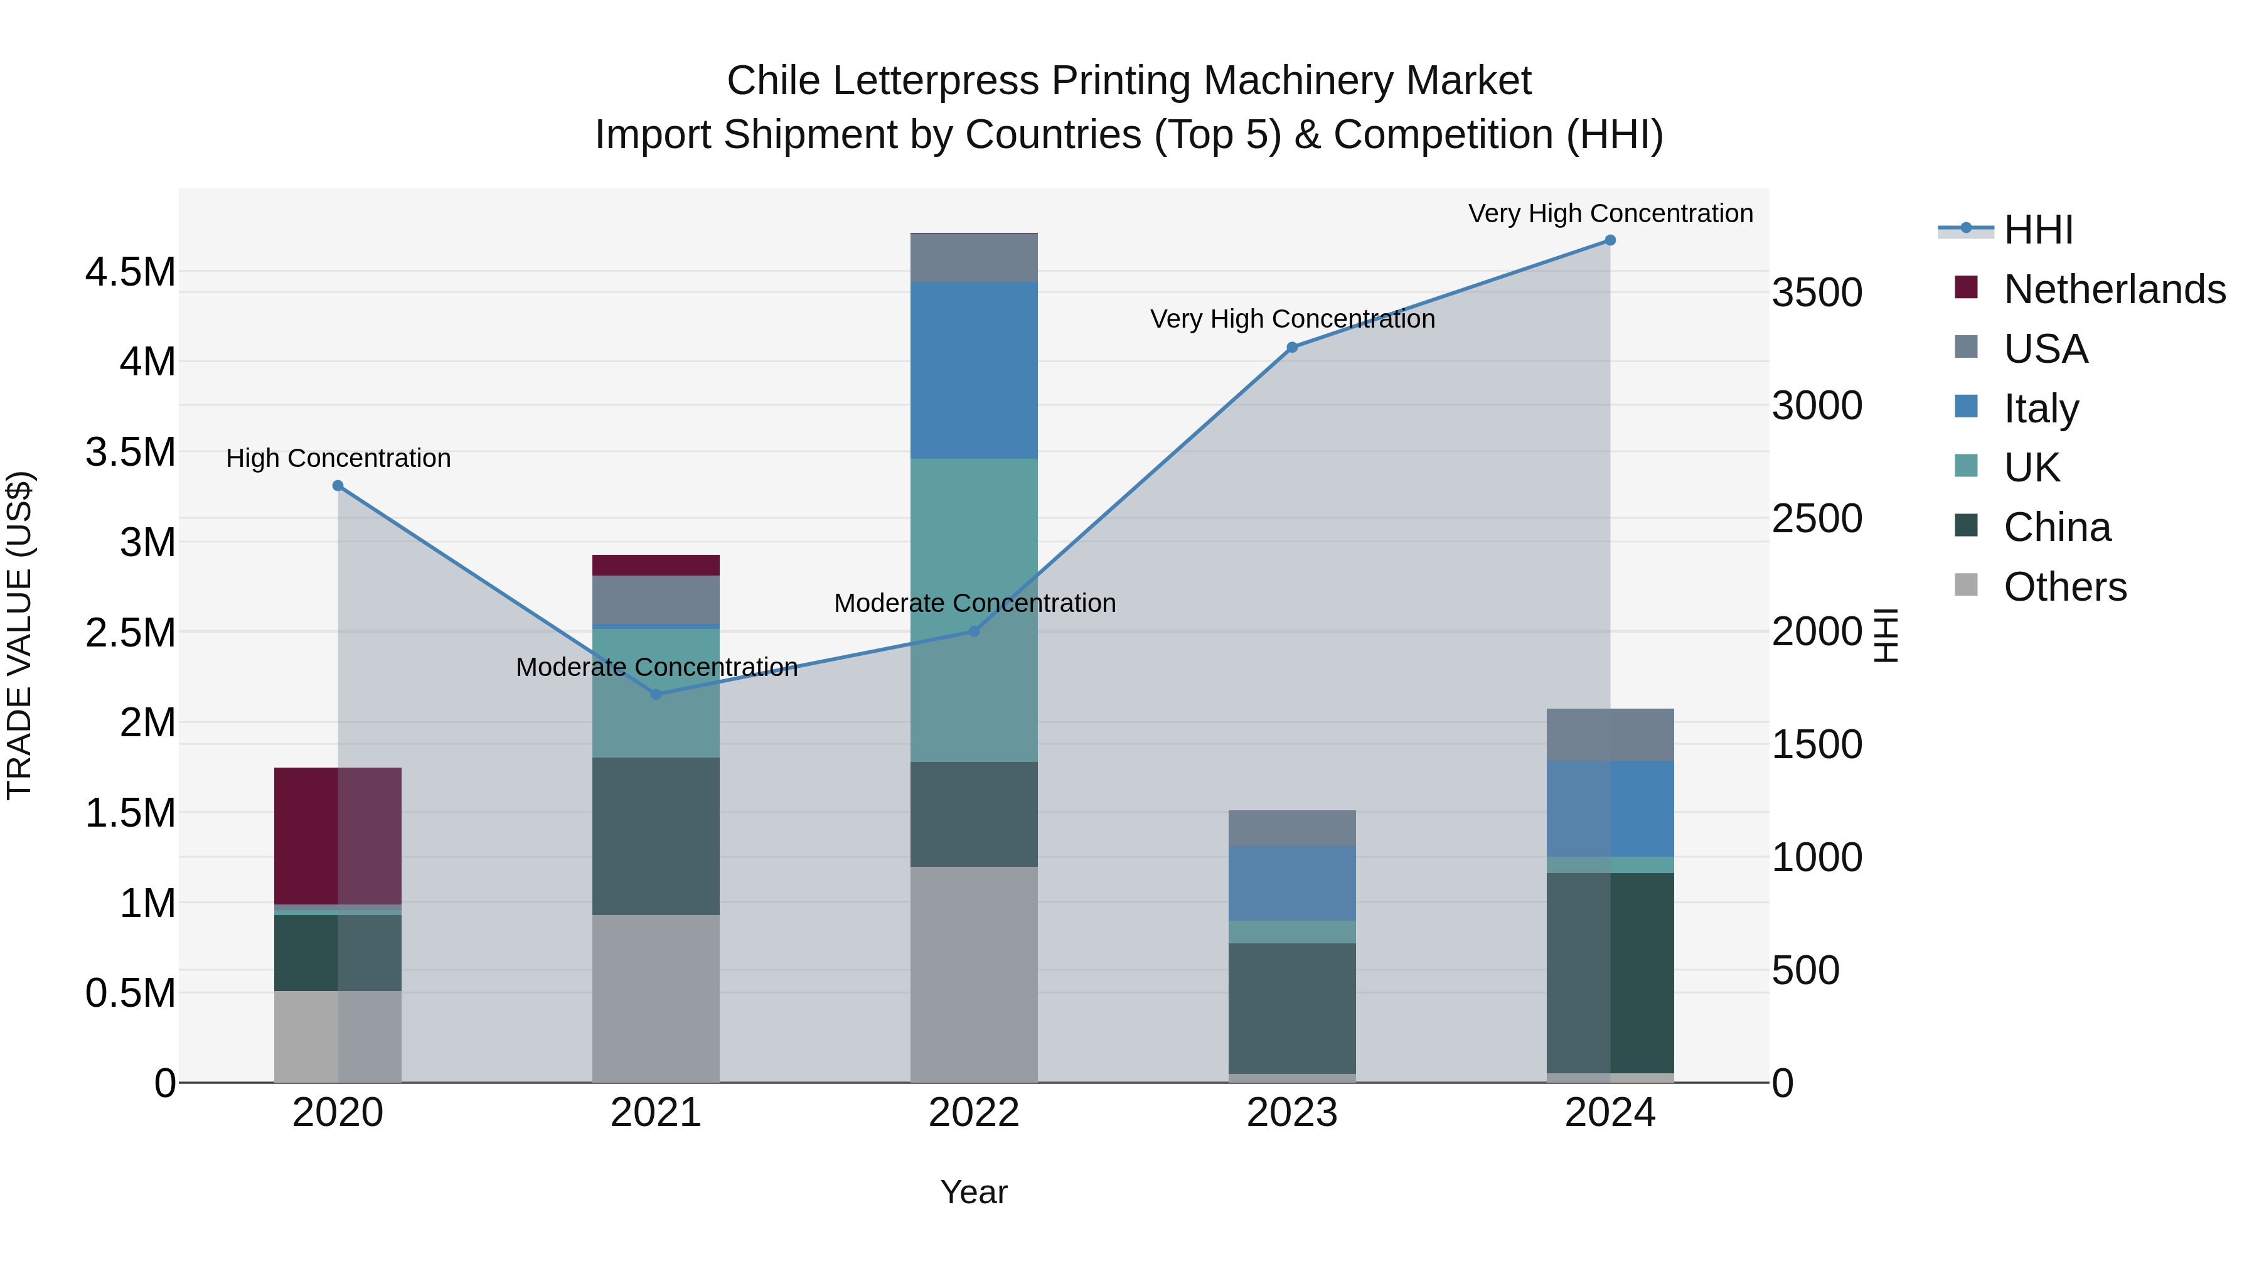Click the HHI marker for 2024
click(1610, 240)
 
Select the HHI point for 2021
click(656, 694)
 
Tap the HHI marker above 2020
click(338, 485)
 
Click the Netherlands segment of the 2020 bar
click(338, 835)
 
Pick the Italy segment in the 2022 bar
click(973, 370)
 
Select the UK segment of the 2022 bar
click(973, 609)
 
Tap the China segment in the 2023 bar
click(1292, 1008)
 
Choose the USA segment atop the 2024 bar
click(1610, 734)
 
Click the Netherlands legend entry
click(2113, 289)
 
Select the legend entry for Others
click(2064, 587)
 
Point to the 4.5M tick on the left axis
click(130, 272)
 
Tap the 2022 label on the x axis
click(973, 1113)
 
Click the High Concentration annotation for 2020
click(338, 458)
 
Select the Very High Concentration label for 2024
click(1610, 213)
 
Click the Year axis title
click(973, 1192)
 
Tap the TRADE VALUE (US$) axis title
click(19, 635)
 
